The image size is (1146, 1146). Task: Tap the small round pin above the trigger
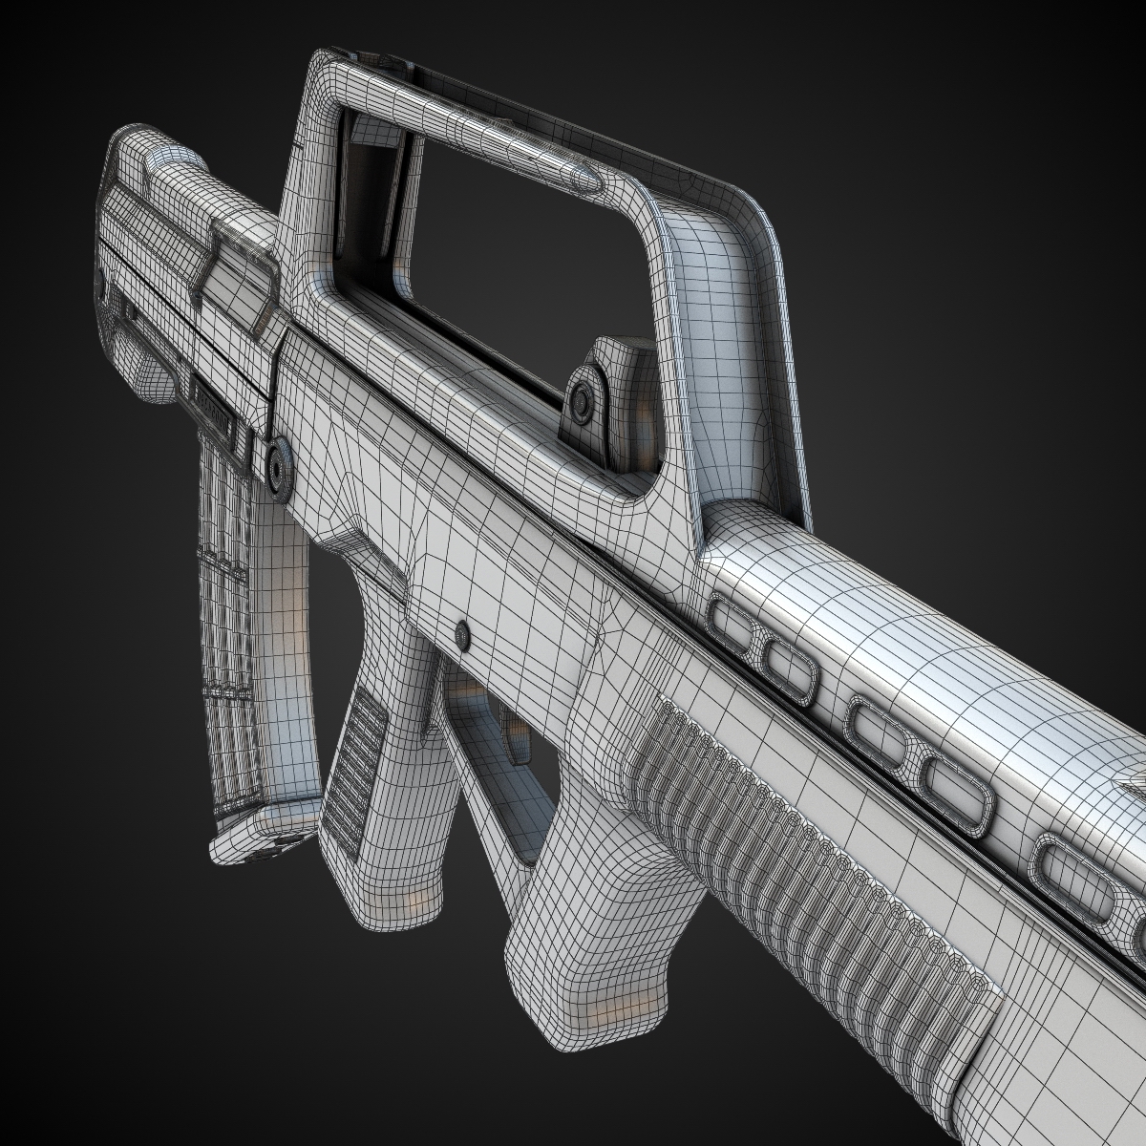(x=464, y=633)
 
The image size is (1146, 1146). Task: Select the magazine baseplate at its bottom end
(x=258, y=840)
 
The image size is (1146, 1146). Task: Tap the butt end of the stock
(x=134, y=239)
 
